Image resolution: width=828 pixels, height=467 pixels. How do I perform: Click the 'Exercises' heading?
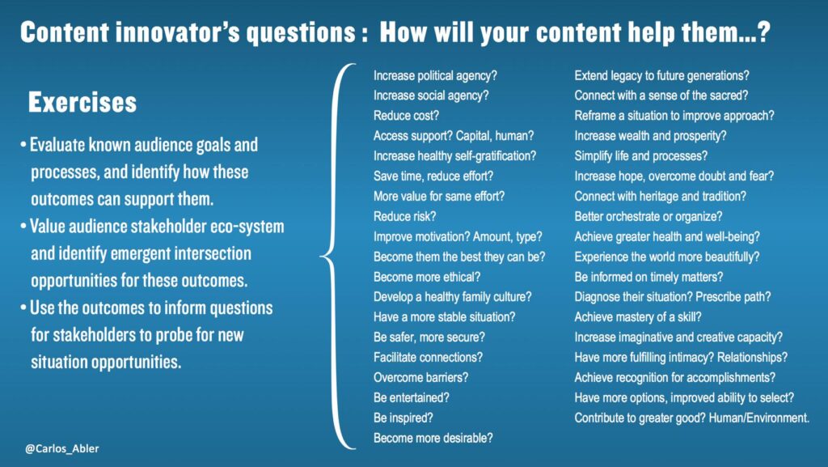(x=82, y=103)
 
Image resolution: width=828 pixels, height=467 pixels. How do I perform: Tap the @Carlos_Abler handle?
(x=61, y=448)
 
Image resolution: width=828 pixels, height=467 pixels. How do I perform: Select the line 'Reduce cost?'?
(x=406, y=116)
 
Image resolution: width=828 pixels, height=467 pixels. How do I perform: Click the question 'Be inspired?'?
(x=403, y=418)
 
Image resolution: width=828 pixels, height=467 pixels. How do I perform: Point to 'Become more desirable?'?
(x=433, y=438)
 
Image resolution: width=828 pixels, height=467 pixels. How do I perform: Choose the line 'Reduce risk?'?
(x=404, y=217)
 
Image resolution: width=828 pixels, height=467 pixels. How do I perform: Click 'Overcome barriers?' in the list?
(x=420, y=378)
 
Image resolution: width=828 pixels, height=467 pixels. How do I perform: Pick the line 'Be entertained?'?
(x=412, y=397)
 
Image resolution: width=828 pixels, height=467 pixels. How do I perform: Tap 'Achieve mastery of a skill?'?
(x=638, y=317)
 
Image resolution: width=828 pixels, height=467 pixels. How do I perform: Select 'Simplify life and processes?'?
(x=641, y=156)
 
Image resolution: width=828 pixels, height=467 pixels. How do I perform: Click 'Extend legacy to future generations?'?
(x=661, y=75)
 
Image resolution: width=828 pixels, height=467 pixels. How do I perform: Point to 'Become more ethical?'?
(x=427, y=277)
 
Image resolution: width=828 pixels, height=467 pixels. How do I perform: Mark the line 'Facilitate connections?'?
(x=428, y=358)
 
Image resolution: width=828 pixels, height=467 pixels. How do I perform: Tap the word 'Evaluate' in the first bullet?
(x=57, y=145)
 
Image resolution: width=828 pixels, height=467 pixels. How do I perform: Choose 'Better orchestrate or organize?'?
(x=648, y=217)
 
